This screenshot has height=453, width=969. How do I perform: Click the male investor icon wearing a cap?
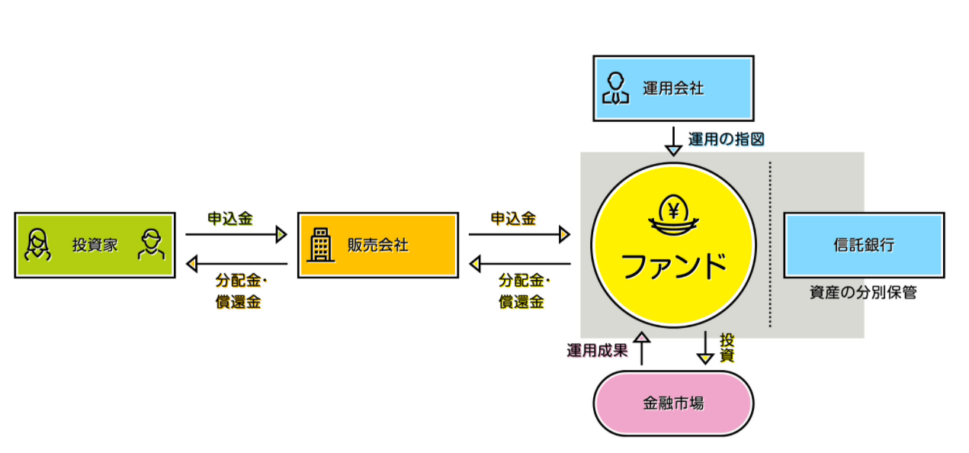pos(152,245)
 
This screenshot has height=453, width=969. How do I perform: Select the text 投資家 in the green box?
pos(95,246)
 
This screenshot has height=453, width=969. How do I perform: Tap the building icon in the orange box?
pos(320,245)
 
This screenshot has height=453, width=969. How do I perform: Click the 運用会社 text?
pos(672,88)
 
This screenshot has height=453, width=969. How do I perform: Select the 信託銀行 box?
pos(863,245)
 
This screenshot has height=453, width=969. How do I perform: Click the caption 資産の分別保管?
pos(863,292)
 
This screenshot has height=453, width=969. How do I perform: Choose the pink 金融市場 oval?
pos(672,403)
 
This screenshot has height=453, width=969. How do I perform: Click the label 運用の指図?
pos(726,139)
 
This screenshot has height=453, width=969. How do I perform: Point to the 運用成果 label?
pos(596,351)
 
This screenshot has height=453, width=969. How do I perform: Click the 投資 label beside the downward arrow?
pos(727,347)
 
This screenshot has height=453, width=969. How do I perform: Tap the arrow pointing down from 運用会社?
pos(672,140)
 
